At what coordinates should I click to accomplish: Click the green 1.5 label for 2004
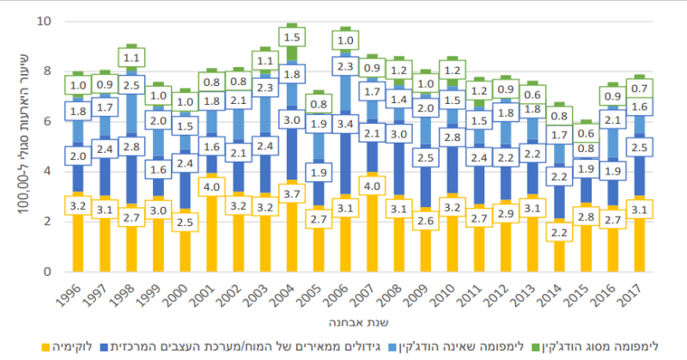point(291,38)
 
